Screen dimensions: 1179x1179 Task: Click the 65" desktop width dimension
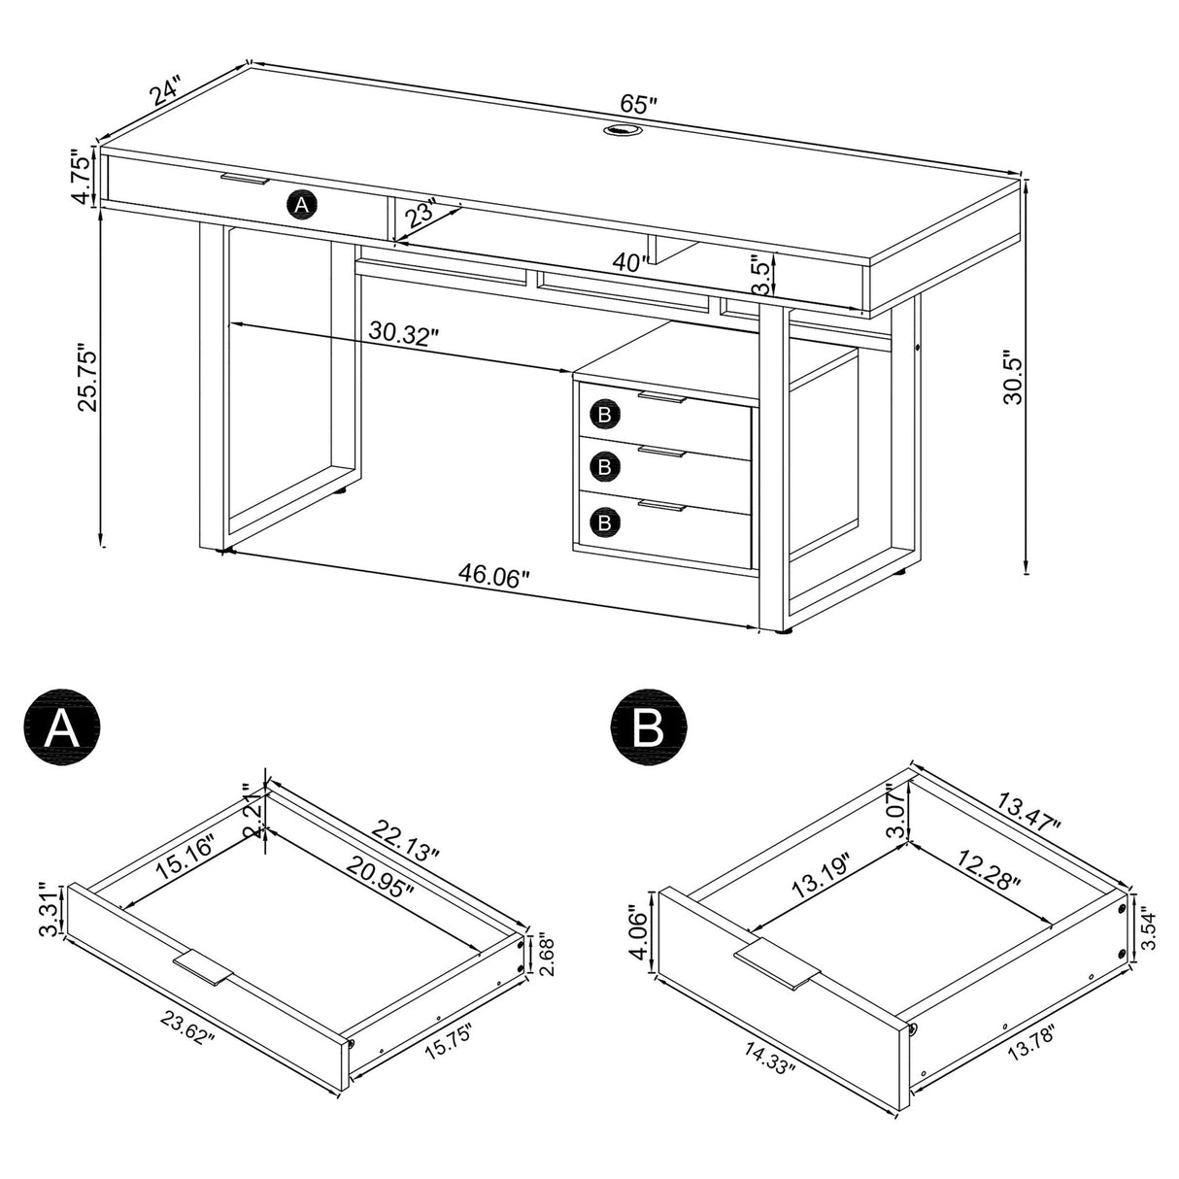pyautogui.click(x=637, y=103)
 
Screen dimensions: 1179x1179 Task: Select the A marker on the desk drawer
pyautogui.click(x=301, y=205)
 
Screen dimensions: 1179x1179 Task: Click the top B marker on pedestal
pyautogui.click(x=604, y=415)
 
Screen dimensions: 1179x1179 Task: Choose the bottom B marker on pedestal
pyautogui.click(x=604, y=522)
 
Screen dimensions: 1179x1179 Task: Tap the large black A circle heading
pyautogui.click(x=62, y=726)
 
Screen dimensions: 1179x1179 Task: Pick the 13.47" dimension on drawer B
pyautogui.click(x=1026, y=808)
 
